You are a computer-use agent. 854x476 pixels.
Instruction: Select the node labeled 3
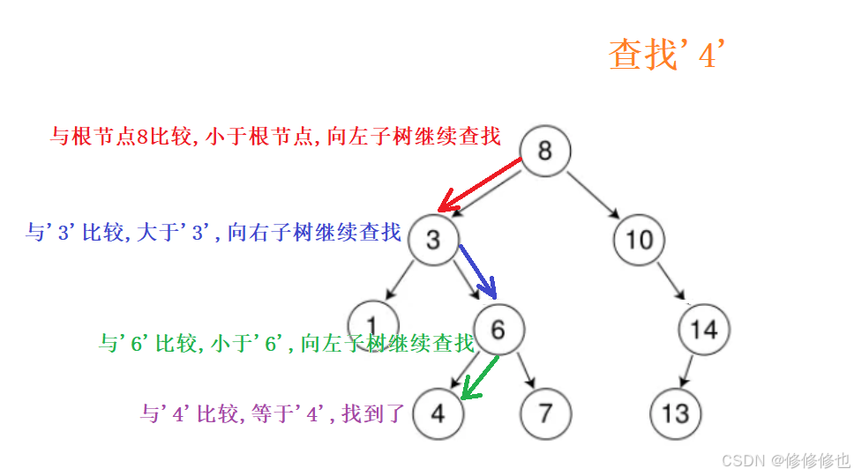coord(433,240)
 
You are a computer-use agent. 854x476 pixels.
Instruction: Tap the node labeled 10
coord(639,240)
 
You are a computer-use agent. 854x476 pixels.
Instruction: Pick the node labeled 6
coord(498,330)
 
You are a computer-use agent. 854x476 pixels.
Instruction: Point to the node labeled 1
coord(373,321)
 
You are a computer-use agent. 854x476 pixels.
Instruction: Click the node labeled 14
coord(704,330)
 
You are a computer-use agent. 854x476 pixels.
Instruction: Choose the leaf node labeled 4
coord(438,413)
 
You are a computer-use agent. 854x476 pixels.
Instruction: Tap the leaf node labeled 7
coord(546,413)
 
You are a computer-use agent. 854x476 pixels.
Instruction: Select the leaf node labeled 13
coord(676,413)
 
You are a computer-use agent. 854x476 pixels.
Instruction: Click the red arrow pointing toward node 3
coord(481,183)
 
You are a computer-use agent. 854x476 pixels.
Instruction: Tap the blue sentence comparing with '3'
coord(213,233)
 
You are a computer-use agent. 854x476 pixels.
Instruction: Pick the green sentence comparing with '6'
coord(286,344)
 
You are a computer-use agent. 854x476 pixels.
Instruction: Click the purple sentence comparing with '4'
coord(272,413)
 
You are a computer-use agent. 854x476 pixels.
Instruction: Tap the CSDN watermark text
coord(785,460)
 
